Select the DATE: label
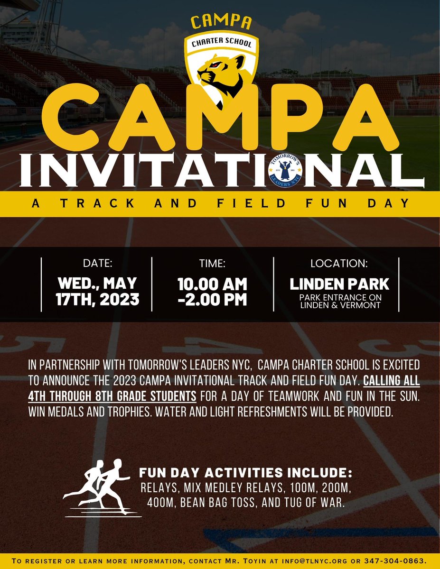click(97, 264)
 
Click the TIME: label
click(212, 264)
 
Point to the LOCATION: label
click(339, 264)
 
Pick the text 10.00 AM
click(212, 284)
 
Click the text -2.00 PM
click(212, 300)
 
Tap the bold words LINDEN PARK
click(339, 284)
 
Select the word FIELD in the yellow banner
click(261, 203)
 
